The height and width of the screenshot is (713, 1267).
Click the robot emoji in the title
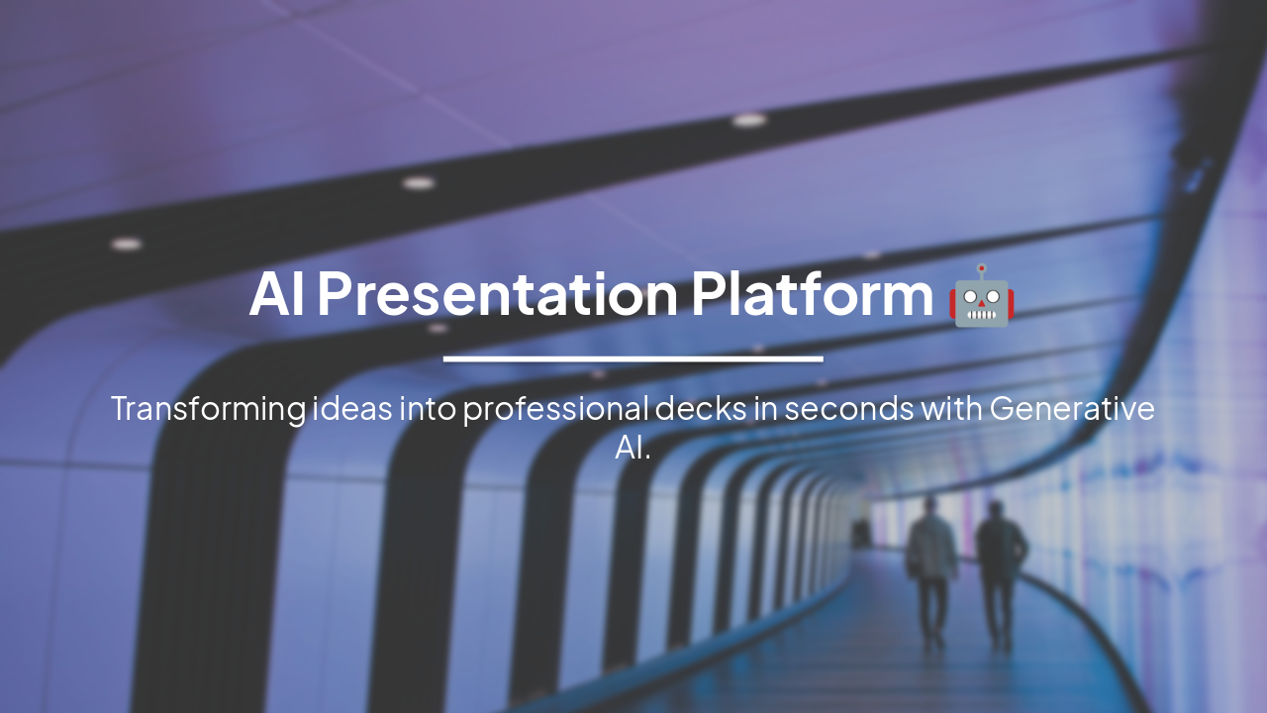tap(981, 296)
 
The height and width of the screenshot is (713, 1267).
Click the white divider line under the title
tap(633, 358)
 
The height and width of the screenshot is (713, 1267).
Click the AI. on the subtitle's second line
tap(633, 448)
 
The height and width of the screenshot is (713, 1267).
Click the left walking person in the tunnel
tap(931, 569)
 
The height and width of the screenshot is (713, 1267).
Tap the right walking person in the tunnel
tap(1001, 572)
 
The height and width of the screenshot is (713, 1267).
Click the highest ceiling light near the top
tap(749, 120)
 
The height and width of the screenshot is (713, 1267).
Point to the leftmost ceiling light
tap(126, 244)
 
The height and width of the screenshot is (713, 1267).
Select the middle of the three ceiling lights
tap(418, 183)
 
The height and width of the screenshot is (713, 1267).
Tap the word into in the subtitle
tap(427, 409)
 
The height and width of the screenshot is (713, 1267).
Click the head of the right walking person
tap(996, 511)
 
